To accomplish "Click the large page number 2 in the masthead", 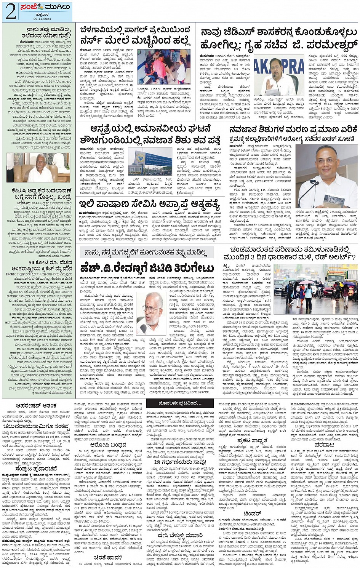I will (x=10, y=12).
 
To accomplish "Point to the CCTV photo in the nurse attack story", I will (x=164, y=67).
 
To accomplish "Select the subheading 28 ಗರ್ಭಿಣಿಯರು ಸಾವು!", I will (x=180, y=462).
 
